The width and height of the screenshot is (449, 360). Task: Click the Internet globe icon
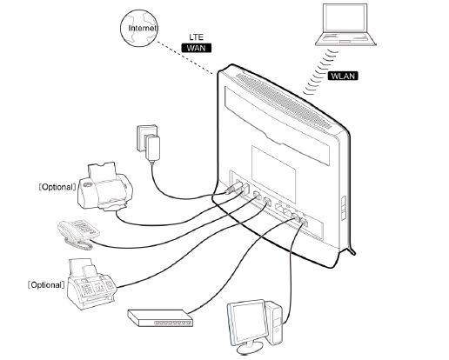tap(139, 28)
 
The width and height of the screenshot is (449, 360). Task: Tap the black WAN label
tap(197, 48)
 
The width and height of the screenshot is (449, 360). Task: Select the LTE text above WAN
tap(197, 37)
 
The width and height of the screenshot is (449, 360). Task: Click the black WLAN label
tap(343, 76)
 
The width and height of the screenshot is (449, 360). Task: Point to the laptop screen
tap(345, 17)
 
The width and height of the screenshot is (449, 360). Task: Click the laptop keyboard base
tap(345, 38)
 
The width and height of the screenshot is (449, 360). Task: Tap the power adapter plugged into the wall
tap(152, 149)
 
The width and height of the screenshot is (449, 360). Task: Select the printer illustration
tap(105, 186)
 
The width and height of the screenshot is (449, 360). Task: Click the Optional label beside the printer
tap(57, 187)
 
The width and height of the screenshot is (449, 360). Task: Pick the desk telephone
tap(79, 233)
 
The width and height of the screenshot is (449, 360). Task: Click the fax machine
tap(91, 284)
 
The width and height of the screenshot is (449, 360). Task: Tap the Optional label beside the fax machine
tap(46, 285)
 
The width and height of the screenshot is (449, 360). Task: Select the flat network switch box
tap(160, 318)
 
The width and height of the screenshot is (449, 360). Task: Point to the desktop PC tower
tap(274, 323)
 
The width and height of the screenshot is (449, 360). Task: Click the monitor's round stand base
tap(250, 349)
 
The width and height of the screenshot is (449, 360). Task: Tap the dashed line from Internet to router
tap(185, 58)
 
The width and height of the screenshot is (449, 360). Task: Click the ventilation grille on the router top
tap(284, 101)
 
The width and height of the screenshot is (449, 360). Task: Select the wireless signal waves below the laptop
tap(320, 72)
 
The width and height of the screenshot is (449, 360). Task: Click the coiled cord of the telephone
tap(78, 244)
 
